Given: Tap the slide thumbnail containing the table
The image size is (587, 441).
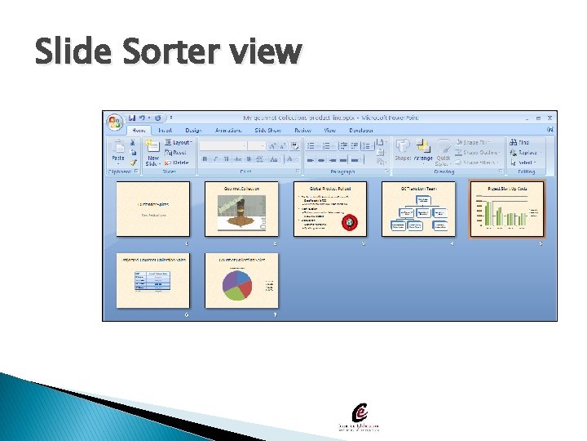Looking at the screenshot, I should (153, 280).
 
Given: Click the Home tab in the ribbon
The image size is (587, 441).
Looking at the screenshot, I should (139, 130).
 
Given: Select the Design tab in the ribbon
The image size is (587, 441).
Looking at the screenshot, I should (193, 130).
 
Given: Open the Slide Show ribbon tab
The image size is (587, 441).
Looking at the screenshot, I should (267, 130).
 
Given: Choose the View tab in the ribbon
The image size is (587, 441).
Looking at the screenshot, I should (329, 130).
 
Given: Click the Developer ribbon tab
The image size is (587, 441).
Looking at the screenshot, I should (361, 130).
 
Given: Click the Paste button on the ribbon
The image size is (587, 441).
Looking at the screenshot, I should (118, 151).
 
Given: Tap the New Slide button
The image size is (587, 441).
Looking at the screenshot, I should (153, 152).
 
